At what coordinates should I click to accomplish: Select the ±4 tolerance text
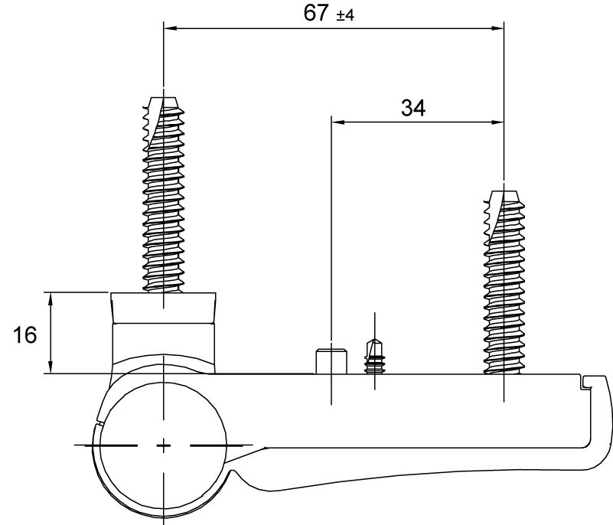345,15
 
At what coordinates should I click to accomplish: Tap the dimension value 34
413,107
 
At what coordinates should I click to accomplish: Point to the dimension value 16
24,334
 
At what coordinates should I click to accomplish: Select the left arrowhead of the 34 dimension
337,121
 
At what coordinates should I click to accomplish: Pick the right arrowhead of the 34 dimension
497,121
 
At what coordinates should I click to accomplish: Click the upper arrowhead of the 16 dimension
51,298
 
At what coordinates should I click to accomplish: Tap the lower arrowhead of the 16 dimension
51,368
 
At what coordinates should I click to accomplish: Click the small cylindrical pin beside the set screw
331,360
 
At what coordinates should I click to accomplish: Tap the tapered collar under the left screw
164,308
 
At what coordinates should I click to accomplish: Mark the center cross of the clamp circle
164,445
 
